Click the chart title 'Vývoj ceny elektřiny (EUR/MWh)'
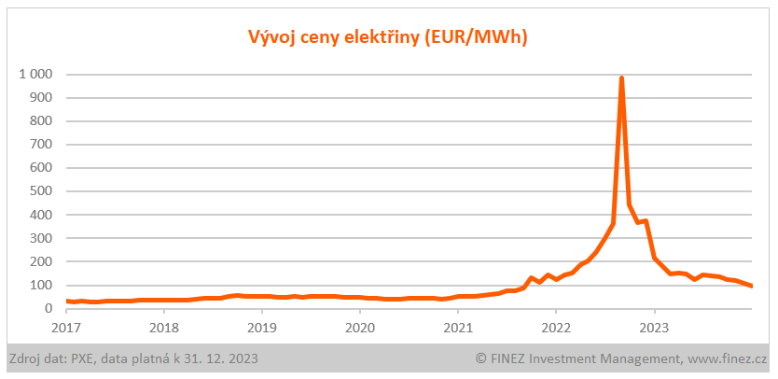388,37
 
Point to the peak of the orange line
621,78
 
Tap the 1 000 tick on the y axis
35,74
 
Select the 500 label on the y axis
40,191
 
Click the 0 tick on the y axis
48,308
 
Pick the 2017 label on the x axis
66,328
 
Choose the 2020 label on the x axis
360,328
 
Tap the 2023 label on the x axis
654,328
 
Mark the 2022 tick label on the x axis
556,328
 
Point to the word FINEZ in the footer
511,358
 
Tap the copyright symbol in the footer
481,358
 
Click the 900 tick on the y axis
40,97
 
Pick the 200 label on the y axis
40,261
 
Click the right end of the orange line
752,286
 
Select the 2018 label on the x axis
164,328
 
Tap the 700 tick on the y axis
40,145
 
